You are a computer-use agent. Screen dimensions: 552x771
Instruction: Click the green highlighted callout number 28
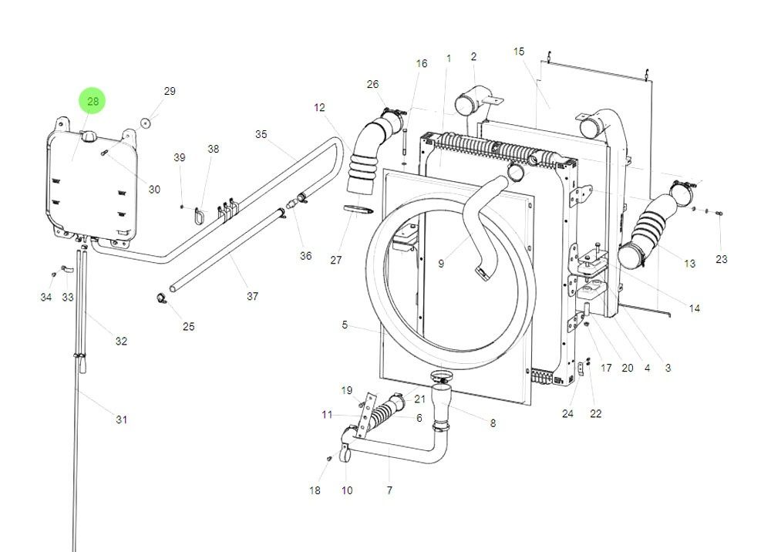click(93, 101)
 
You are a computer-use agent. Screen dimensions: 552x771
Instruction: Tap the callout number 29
click(170, 91)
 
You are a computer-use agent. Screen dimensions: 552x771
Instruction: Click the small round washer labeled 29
click(145, 123)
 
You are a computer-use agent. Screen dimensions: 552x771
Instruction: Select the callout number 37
click(252, 296)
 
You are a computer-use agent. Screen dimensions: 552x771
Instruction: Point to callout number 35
click(261, 134)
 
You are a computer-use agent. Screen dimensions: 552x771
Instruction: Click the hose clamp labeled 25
click(160, 298)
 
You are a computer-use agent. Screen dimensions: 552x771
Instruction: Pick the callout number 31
click(121, 419)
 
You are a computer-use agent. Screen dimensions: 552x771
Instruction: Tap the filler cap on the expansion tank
click(88, 137)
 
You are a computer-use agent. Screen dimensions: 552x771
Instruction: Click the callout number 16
click(421, 63)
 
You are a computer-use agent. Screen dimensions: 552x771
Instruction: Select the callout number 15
click(519, 52)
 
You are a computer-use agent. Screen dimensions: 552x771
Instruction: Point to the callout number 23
click(721, 259)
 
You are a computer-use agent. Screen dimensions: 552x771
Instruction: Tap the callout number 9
click(441, 263)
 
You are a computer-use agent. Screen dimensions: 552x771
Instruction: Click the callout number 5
click(345, 325)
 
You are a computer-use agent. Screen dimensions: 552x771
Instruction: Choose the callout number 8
click(493, 422)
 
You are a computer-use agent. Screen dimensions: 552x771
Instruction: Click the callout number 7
click(389, 490)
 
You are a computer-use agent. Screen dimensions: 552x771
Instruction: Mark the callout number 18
click(315, 490)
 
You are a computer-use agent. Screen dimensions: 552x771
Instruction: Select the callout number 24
click(567, 413)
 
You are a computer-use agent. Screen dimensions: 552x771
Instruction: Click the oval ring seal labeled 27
click(356, 209)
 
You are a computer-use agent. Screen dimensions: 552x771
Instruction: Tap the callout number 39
click(180, 157)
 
